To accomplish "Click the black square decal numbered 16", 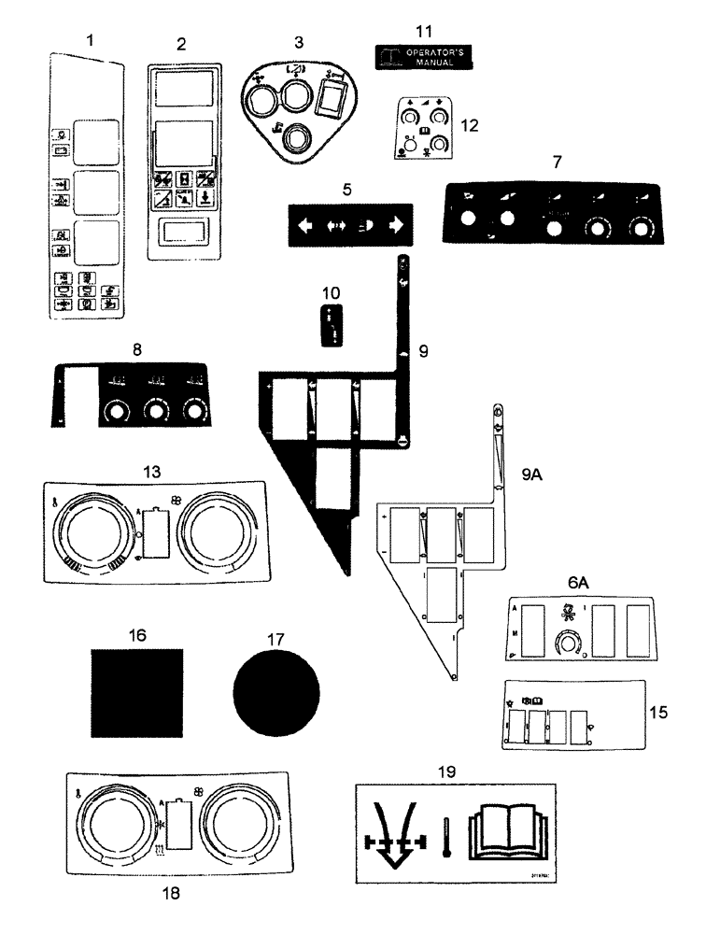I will point(136,694).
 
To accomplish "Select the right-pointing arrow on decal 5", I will point(396,225).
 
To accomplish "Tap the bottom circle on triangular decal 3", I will point(296,140).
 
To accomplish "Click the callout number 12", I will point(469,124).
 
